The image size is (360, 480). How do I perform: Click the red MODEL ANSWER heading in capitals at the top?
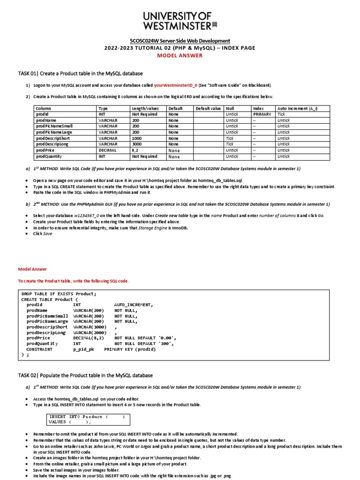tap(180, 55)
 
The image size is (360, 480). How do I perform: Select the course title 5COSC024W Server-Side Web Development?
tap(180, 41)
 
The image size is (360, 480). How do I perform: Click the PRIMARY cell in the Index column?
tap(262, 114)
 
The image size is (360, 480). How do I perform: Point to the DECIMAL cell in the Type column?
tap(107, 150)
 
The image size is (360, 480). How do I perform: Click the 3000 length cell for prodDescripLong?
tap(137, 144)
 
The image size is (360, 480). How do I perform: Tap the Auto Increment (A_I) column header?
tap(297, 108)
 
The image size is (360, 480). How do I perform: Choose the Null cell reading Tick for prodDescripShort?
tap(230, 138)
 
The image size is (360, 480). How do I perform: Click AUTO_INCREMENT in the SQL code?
tap(133, 305)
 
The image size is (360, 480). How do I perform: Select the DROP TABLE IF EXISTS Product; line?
tap(59, 294)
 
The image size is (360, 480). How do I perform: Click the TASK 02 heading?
tap(85, 375)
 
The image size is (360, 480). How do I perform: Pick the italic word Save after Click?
tap(48, 233)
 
